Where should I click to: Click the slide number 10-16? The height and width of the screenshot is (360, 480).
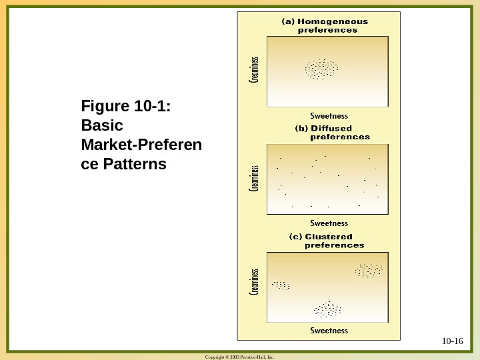pos(452,341)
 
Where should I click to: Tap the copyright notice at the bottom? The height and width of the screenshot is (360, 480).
pos(240,357)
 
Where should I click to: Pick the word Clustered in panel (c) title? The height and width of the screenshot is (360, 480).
pos(329,237)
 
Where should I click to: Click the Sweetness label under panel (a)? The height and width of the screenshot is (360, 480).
pos(329,115)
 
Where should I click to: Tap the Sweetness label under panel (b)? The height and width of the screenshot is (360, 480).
pos(329,223)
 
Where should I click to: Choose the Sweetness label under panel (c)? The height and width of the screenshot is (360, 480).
pos(329,331)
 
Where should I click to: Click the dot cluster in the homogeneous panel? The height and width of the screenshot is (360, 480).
pos(322,69)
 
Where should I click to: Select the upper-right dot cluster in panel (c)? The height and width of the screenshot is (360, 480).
pos(369,270)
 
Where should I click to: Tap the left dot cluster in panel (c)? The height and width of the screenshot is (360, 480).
pos(281,285)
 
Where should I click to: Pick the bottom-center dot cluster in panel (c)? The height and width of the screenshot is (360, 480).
pos(327,309)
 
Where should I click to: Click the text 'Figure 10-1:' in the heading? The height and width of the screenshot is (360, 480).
pos(125,106)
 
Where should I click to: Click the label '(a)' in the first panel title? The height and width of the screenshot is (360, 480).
pos(288,21)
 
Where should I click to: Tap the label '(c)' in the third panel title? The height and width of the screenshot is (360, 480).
pos(295,237)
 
